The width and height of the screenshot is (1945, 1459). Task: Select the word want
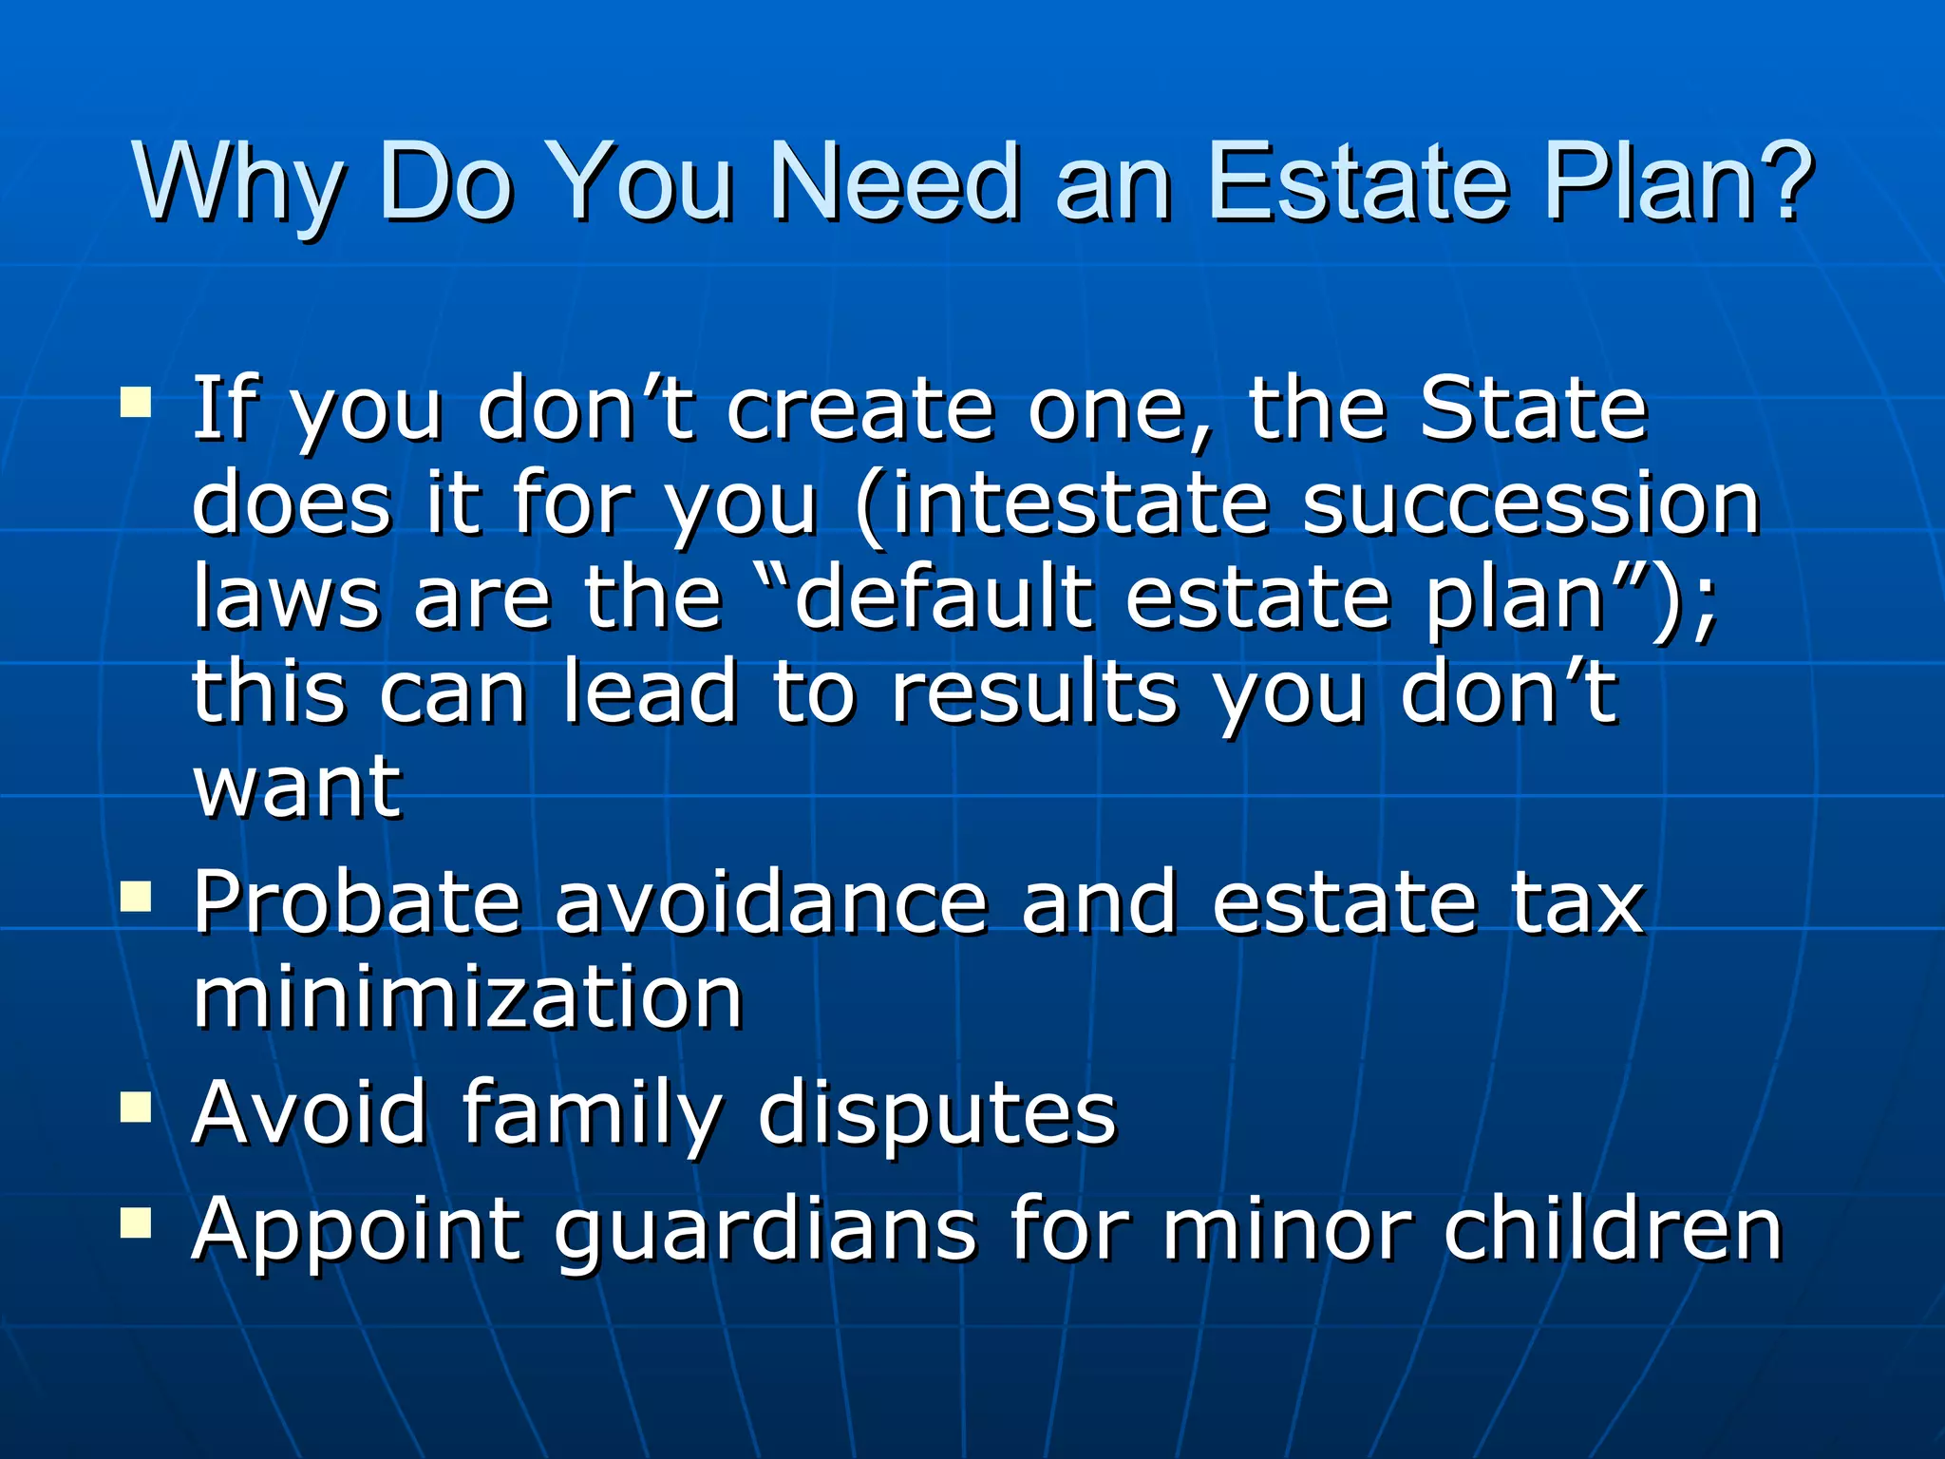tap(297, 788)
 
